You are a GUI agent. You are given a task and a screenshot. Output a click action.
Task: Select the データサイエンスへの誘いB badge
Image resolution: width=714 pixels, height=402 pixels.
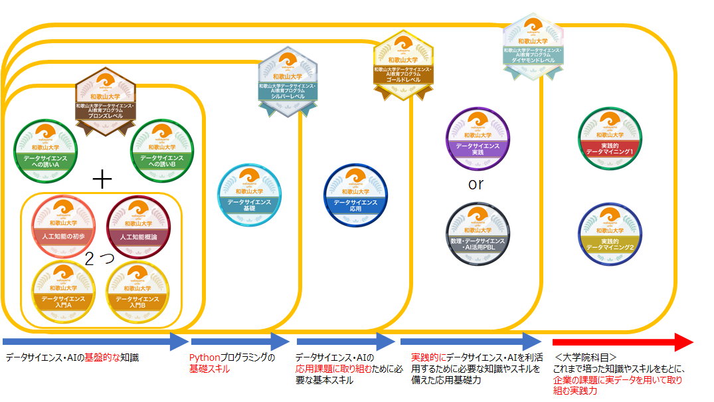163,150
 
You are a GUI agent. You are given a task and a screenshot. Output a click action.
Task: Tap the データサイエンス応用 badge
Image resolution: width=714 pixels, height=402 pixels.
355,194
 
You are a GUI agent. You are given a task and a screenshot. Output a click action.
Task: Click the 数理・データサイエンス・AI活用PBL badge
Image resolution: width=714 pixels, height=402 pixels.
476,233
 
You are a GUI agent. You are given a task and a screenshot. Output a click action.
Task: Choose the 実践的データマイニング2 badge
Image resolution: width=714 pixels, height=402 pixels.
609,233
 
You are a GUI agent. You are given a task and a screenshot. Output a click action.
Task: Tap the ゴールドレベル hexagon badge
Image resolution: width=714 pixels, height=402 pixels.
403,64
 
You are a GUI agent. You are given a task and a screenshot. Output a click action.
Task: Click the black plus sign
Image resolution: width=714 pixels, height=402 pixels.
102,179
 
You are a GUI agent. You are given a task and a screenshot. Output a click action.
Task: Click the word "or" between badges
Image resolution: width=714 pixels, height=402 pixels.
476,185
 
